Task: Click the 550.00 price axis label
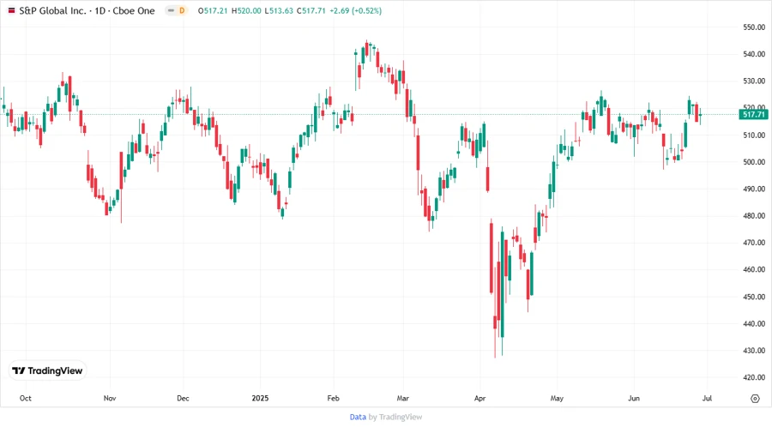tap(754, 27)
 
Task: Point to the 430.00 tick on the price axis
tap(754, 351)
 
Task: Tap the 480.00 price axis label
tap(754, 216)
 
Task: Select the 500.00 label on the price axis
tap(754, 162)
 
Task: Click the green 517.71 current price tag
tap(753, 114)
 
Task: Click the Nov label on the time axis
tap(109, 399)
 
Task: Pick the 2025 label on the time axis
tap(260, 399)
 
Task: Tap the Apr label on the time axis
tap(479, 399)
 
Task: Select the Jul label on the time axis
tap(706, 399)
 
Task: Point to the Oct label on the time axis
tap(26, 399)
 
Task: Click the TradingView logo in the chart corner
tap(48, 370)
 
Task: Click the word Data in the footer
tap(358, 417)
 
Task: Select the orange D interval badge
tap(181, 10)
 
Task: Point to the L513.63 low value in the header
tap(279, 10)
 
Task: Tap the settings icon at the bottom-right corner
tap(755, 399)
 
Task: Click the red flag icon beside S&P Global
tap(10, 10)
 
